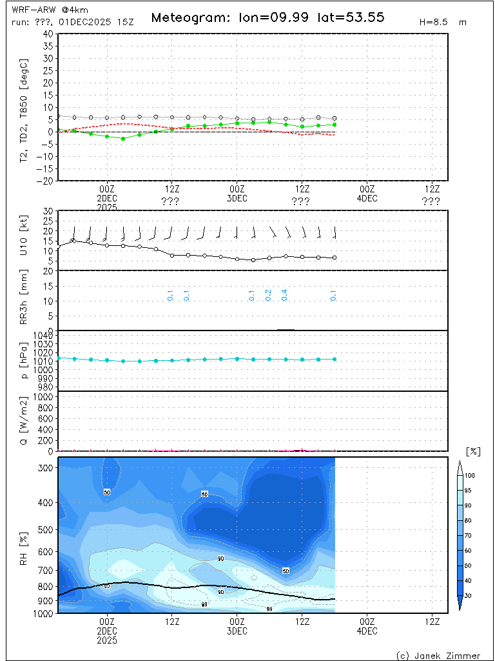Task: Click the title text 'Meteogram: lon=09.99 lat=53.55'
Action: [267, 17]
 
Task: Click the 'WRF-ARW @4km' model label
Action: [42, 10]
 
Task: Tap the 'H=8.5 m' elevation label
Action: [442, 22]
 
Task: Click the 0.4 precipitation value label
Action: [284, 295]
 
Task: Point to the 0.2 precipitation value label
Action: [268, 295]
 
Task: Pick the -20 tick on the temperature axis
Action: [46, 181]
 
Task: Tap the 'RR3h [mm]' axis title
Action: [25, 300]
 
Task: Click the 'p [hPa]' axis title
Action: [25, 360]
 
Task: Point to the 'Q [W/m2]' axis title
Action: [25, 421]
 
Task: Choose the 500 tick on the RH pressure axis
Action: [46, 530]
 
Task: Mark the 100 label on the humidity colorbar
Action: [470, 475]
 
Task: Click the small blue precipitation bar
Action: [286, 329]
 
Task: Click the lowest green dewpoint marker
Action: [123, 139]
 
